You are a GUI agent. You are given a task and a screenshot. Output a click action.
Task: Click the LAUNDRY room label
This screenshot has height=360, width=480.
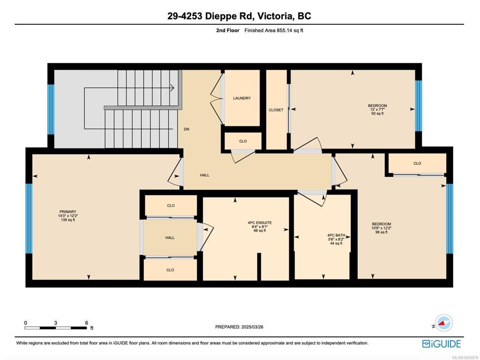(x=242, y=98)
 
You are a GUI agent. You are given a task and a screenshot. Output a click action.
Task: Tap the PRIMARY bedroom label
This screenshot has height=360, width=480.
(x=68, y=212)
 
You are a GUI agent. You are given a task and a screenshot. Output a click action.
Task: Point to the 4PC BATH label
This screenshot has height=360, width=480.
(x=336, y=235)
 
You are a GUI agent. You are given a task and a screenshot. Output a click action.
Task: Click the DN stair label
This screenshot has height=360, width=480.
(x=187, y=129)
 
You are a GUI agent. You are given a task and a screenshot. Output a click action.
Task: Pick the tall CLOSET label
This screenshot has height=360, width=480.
(x=276, y=110)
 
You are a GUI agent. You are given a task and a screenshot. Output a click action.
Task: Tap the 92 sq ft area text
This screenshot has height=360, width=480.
(x=377, y=113)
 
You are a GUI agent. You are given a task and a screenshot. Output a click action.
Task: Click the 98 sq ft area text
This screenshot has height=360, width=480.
(x=382, y=232)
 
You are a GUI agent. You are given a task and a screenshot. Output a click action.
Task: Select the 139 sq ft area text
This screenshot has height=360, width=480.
(x=68, y=220)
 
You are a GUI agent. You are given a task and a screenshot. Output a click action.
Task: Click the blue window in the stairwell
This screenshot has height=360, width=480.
(x=51, y=109)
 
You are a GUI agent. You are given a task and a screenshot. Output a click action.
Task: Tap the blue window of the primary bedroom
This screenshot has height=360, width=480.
(x=29, y=218)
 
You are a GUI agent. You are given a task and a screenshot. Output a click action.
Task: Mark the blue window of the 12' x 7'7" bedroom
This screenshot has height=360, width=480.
(x=418, y=106)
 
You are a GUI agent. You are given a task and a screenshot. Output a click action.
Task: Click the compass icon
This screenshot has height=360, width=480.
(x=444, y=323)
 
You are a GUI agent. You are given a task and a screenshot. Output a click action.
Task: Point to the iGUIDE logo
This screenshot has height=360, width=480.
(x=441, y=344)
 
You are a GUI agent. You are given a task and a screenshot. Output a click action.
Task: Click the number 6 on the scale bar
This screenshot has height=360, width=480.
(x=87, y=323)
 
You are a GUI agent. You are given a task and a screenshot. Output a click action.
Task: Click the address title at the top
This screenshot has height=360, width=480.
(x=240, y=16)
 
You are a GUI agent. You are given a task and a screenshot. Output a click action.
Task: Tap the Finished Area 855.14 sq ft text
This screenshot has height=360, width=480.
(x=274, y=30)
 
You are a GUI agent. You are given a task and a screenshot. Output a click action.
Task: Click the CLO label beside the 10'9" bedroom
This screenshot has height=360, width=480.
(x=417, y=164)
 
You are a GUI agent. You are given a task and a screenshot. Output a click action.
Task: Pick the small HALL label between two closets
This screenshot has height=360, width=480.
(x=170, y=238)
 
